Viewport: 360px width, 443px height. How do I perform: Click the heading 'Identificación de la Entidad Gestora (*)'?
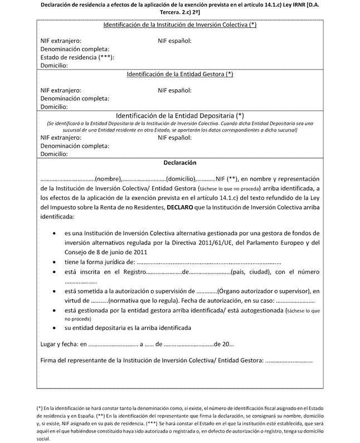point(179,74)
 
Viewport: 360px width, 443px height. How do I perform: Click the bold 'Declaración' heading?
point(179,163)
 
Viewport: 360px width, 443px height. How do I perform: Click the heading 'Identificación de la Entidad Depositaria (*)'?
point(179,115)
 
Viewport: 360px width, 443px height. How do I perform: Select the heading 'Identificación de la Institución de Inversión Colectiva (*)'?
point(179,26)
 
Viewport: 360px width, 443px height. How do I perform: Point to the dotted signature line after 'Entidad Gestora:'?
point(289,360)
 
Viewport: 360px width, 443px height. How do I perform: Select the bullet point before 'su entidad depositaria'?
point(53,328)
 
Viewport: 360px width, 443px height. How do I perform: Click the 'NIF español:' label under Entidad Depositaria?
point(175,137)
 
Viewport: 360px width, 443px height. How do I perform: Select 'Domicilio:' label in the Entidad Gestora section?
point(55,106)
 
